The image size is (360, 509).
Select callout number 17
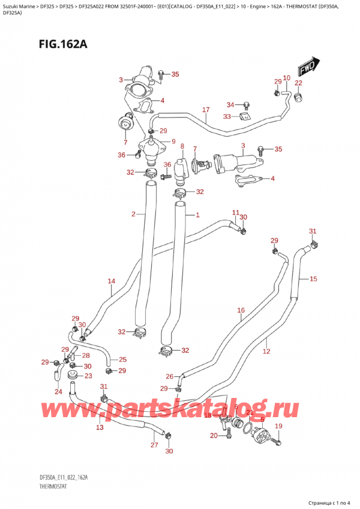coord(206,110)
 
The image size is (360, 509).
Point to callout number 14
coord(111,281)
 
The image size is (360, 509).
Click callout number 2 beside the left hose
coord(133,214)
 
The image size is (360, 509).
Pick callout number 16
coord(241,310)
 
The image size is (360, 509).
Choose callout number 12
coord(266,351)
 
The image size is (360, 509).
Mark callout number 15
coord(313,279)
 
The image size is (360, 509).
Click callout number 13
coord(100,427)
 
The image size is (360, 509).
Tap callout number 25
coord(122,360)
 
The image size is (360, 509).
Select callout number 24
coord(58,392)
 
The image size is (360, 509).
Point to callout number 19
coord(278,426)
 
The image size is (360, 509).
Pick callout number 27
coord(154,445)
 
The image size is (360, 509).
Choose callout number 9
coord(173,142)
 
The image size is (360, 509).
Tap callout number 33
coord(227,116)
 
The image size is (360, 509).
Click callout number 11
coord(236,213)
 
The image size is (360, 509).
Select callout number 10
coord(286,78)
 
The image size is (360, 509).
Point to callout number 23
coord(88,376)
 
